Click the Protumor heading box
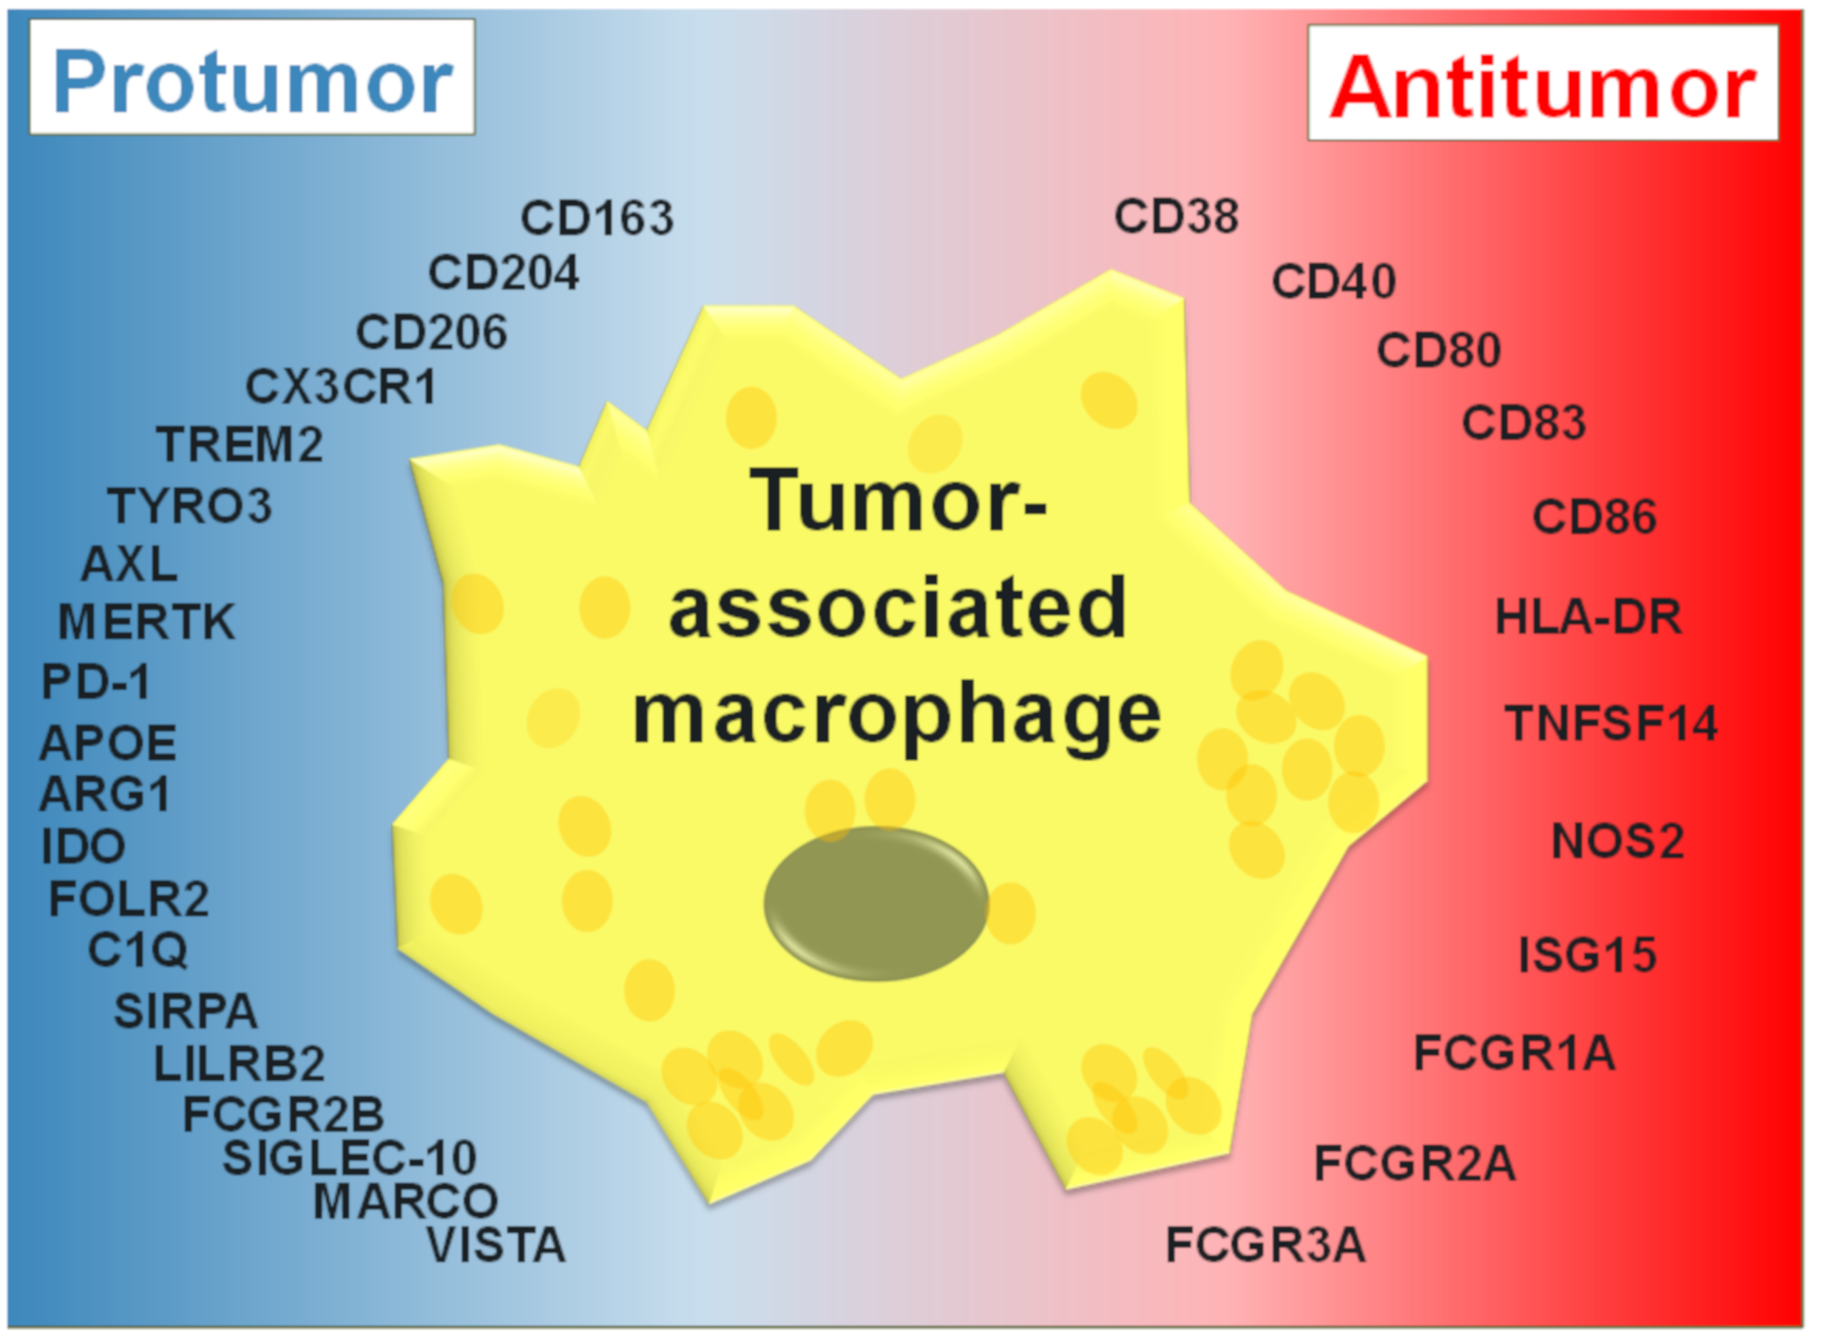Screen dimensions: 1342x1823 click(252, 78)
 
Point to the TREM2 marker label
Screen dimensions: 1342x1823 click(240, 444)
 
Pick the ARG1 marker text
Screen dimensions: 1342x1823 click(105, 794)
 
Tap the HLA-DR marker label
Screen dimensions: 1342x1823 click(1587, 618)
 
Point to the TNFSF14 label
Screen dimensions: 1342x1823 click(1611, 723)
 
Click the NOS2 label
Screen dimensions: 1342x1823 click(1617, 841)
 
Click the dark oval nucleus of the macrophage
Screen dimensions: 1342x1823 click(875, 903)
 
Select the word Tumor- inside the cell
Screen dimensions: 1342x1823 click(898, 501)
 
